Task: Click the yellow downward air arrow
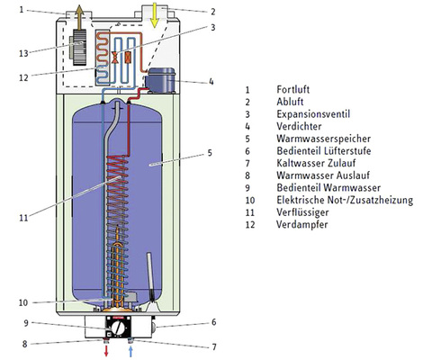coord(155,15)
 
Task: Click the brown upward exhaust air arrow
coord(79,17)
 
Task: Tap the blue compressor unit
coord(159,80)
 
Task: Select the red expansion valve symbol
coord(114,58)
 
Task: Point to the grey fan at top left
coord(79,48)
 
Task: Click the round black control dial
coord(120,328)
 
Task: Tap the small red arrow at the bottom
coord(106,351)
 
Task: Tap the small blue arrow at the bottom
coord(130,351)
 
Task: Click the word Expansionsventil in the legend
coord(313,114)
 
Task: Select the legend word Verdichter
coord(299,126)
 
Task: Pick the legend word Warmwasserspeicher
coord(323,139)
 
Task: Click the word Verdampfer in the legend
coord(302,224)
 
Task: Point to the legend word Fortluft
coord(293,89)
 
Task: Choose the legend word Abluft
coord(290,102)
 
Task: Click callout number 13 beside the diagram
coord(23,54)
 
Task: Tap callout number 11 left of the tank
coord(23,218)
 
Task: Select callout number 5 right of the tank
coord(210,153)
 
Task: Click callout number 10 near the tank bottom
coord(23,302)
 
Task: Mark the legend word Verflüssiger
coord(302,212)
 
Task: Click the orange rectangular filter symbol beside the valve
coord(128,58)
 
